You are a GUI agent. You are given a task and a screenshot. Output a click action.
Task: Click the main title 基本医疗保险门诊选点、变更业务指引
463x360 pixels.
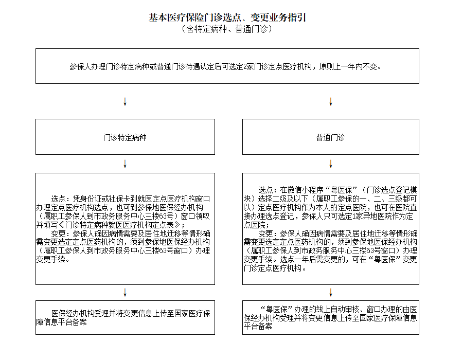(x=227, y=18)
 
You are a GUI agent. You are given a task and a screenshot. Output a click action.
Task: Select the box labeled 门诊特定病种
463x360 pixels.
(x=125, y=137)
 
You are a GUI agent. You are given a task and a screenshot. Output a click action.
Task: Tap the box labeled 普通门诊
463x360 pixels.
(x=330, y=137)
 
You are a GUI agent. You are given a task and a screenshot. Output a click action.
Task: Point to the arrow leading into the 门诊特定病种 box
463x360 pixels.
(x=125, y=101)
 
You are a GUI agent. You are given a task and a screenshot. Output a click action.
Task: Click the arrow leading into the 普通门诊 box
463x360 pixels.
(x=330, y=101)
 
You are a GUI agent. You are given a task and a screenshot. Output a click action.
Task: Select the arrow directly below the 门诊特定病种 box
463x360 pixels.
(x=125, y=164)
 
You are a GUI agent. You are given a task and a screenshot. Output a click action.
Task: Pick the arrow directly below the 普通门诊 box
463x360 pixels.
(x=330, y=164)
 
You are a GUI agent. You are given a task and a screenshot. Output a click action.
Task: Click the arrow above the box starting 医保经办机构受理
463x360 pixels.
(x=125, y=292)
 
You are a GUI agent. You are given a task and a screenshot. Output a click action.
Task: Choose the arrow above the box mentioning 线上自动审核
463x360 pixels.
(x=330, y=292)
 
